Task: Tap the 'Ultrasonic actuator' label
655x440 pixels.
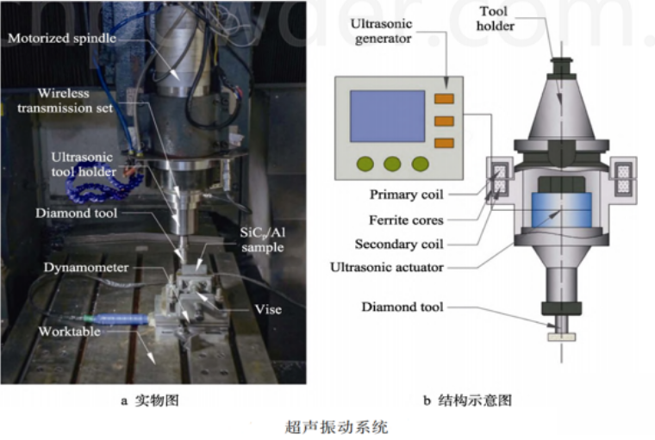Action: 387,267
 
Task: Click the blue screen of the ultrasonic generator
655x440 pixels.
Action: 387,116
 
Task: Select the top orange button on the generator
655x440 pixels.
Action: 444,99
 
